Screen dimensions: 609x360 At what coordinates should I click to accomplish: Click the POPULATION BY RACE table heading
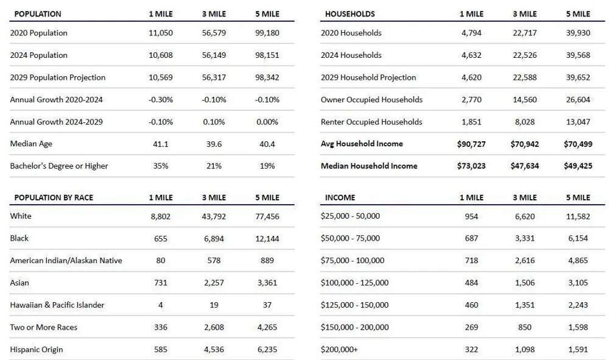click(54, 197)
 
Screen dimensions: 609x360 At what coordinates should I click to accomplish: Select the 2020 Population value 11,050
click(161, 33)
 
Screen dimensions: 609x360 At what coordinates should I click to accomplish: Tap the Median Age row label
click(31, 144)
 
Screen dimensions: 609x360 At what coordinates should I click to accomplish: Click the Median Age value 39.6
click(214, 144)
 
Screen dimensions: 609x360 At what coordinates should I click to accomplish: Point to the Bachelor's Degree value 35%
click(161, 166)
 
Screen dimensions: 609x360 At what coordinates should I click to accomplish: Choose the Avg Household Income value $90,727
click(471, 144)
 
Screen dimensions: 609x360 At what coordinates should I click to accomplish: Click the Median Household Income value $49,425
click(578, 166)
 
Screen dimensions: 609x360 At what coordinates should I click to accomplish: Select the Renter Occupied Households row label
click(371, 122)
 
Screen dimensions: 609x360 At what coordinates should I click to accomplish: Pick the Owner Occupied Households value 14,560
click(525, 100)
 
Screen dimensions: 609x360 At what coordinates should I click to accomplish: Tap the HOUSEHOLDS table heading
click(350, 14)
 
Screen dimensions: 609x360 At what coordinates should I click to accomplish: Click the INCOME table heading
click(340, 197)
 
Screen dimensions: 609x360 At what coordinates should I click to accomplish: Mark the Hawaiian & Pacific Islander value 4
click(160, 305)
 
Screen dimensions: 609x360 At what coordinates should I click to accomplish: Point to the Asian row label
click(19, 283)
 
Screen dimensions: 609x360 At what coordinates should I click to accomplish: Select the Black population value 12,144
click(267, 238)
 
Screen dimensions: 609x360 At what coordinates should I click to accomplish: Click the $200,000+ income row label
click(339, 350)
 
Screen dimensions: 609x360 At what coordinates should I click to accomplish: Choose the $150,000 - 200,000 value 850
click(525, 327)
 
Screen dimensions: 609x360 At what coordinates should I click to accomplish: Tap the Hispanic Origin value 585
click(161, 350)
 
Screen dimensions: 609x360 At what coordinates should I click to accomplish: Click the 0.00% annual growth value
click(267, 122)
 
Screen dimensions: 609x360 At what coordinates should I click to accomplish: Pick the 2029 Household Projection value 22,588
click(525, 78)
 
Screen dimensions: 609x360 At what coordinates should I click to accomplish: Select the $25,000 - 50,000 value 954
click(471, 216)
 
